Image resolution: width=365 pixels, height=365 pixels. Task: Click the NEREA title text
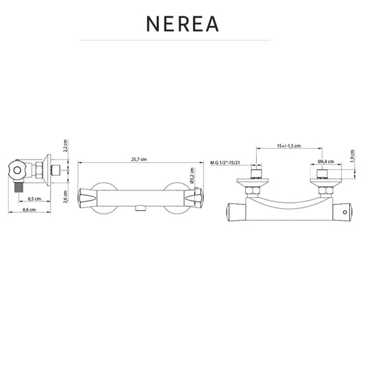coord(182,24)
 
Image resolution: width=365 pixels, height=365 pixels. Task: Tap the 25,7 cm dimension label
coord(139,160)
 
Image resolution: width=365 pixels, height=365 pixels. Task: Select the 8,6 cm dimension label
coord(29,210)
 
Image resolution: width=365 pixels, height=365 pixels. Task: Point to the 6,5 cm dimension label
coord(34,199)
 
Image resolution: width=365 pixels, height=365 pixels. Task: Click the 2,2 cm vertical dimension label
coord(66,146)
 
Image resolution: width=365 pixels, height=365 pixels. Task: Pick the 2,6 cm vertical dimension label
coord(66,197)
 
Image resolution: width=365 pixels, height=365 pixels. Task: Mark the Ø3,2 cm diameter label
coord(192,175)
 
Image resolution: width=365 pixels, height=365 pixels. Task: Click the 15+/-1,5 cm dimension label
coord(289,146)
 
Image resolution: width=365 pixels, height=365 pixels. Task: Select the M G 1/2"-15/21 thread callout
coord(225,162)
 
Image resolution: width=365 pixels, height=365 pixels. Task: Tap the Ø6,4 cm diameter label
coord(326,161)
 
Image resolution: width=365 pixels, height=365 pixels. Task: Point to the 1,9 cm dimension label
coord(352,156)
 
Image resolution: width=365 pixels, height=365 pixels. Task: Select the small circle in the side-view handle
coord(17,170)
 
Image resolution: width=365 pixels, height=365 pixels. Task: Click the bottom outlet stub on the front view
coord(140,208)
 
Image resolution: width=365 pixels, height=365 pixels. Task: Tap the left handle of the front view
coord(88,199)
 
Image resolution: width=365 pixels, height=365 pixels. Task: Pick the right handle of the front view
coord(194,199)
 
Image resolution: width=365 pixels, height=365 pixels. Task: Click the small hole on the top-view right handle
coord(345,212)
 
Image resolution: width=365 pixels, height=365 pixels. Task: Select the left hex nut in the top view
coord(253,190)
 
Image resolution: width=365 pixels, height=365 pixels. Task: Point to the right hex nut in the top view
coord(326,190)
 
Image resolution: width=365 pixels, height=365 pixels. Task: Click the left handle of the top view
coord(236,212)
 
